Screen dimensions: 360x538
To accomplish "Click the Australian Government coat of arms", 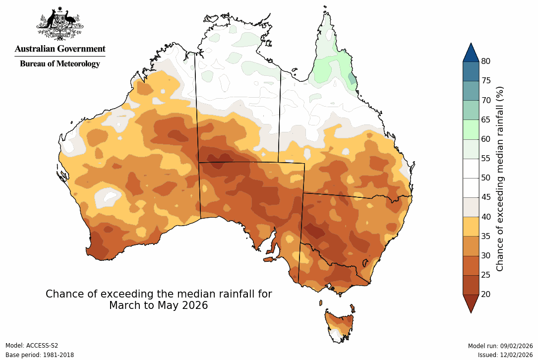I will [60, 23].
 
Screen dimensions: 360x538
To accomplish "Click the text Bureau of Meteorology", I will [60, 63].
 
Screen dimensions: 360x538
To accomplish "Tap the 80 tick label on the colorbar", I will [486, 61].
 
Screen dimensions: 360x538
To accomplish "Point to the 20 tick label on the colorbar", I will [486, 294].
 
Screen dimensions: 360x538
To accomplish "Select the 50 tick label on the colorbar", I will [486, 178].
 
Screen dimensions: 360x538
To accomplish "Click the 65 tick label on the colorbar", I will [486, 120].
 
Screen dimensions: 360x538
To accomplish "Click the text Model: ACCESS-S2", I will [32, 346].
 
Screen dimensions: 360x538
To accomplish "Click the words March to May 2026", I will [159, 305].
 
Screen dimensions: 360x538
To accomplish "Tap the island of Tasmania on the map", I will [339, 325].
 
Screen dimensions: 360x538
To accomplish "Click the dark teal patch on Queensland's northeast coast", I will [352, 78].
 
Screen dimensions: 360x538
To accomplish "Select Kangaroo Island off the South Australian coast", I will [269, 259].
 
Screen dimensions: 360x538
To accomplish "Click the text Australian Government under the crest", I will [60, 49].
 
